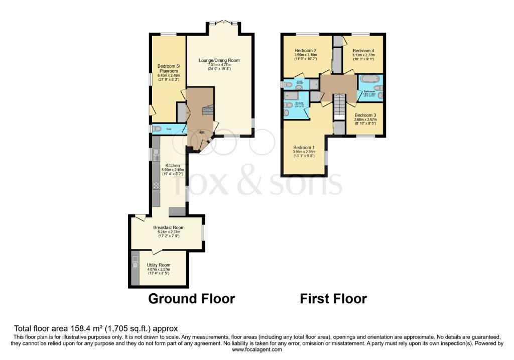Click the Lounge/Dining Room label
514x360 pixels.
coord(219,60)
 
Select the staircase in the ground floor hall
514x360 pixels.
coord(207,110)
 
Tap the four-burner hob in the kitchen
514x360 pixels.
coord(156,185)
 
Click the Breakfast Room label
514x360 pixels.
coord(166,227)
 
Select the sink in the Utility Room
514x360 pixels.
coord(135,261)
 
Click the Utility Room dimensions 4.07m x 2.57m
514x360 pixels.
coord(159,270)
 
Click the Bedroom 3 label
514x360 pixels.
coord(365,115)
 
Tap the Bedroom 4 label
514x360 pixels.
coord(363,51)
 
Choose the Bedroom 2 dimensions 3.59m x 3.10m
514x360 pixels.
coord(305,55)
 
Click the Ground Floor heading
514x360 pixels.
coord(191,299)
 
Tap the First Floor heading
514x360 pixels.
coord(333,299)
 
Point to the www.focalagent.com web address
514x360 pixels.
coord(256,349)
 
